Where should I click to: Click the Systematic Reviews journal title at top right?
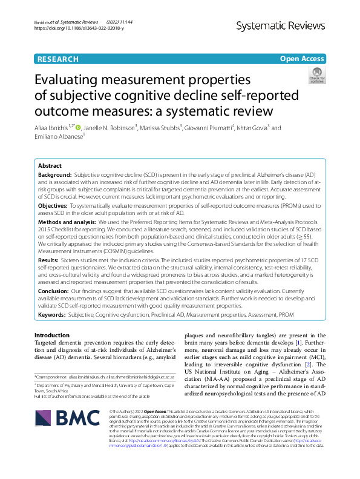point(283,25)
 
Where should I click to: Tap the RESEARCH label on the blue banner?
point(57,59)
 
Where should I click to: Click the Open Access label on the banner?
point(302,59)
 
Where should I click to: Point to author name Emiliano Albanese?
point(57,137)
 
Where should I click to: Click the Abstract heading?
point(50,165)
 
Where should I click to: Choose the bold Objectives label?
point(53,206)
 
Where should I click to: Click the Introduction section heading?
point(51,335)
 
